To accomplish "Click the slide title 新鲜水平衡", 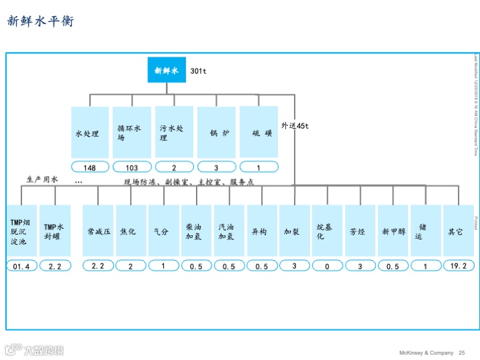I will (x=41, y=21).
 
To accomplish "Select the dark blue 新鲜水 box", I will (x=167, y=70).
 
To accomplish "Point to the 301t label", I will (x=199, y=71).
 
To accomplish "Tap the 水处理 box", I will (x=90, y=132).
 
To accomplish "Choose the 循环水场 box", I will (x=132, y=132).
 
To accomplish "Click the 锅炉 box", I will (x=217, y=132).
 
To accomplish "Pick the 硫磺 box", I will (x=259, y=132).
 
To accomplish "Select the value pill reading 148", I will (x=90, y=167).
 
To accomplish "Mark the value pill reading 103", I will (x=132, y=167).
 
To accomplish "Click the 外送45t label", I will (x=295, y=125).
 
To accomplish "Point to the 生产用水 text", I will (x=43, y=180).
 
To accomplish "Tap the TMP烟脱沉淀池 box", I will (x=21, y=231).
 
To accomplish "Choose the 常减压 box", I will (x=99, y=231).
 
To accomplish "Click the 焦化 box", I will (x=131, y=231).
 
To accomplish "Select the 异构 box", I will (x=262, y=231).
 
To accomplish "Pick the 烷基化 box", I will (x=327, y=231).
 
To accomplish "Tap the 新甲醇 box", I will (x=393, y=231).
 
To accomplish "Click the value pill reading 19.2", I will (x=459, y=265).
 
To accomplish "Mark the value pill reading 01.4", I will (x=21, y=266).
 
